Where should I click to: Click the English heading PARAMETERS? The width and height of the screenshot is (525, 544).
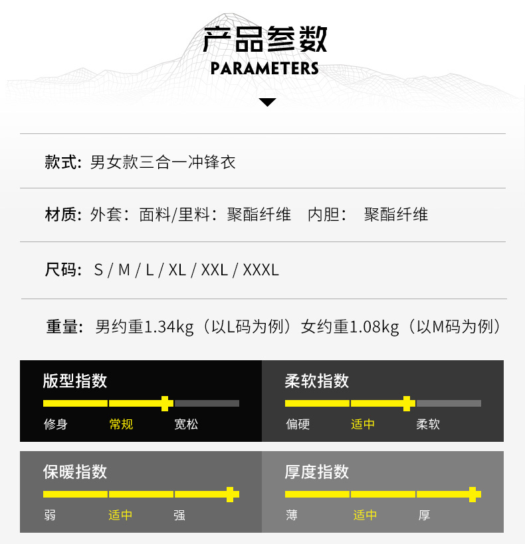coord(264,68)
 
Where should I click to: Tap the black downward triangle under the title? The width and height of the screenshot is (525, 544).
coord(267,102)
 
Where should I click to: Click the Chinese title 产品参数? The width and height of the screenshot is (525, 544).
coord(264,39)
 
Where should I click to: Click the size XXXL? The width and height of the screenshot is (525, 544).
coord(261,270)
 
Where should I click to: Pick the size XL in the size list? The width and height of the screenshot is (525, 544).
coord(177,270)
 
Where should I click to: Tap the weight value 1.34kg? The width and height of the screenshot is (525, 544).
coord(169,327)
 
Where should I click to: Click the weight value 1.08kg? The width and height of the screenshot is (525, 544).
coord(374,327)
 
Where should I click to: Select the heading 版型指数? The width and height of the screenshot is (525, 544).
coord(74,381)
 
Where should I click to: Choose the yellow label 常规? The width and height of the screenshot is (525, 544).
coord(121,425)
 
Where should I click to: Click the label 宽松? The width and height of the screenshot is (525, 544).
coord(186,425)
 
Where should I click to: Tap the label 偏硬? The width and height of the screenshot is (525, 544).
coord(298,425)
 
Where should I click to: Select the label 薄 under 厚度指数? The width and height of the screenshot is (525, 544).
coord(292,515)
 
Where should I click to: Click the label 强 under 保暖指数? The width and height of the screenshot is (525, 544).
coord(179,515)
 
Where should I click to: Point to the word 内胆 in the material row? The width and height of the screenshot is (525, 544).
coord(324,214)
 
